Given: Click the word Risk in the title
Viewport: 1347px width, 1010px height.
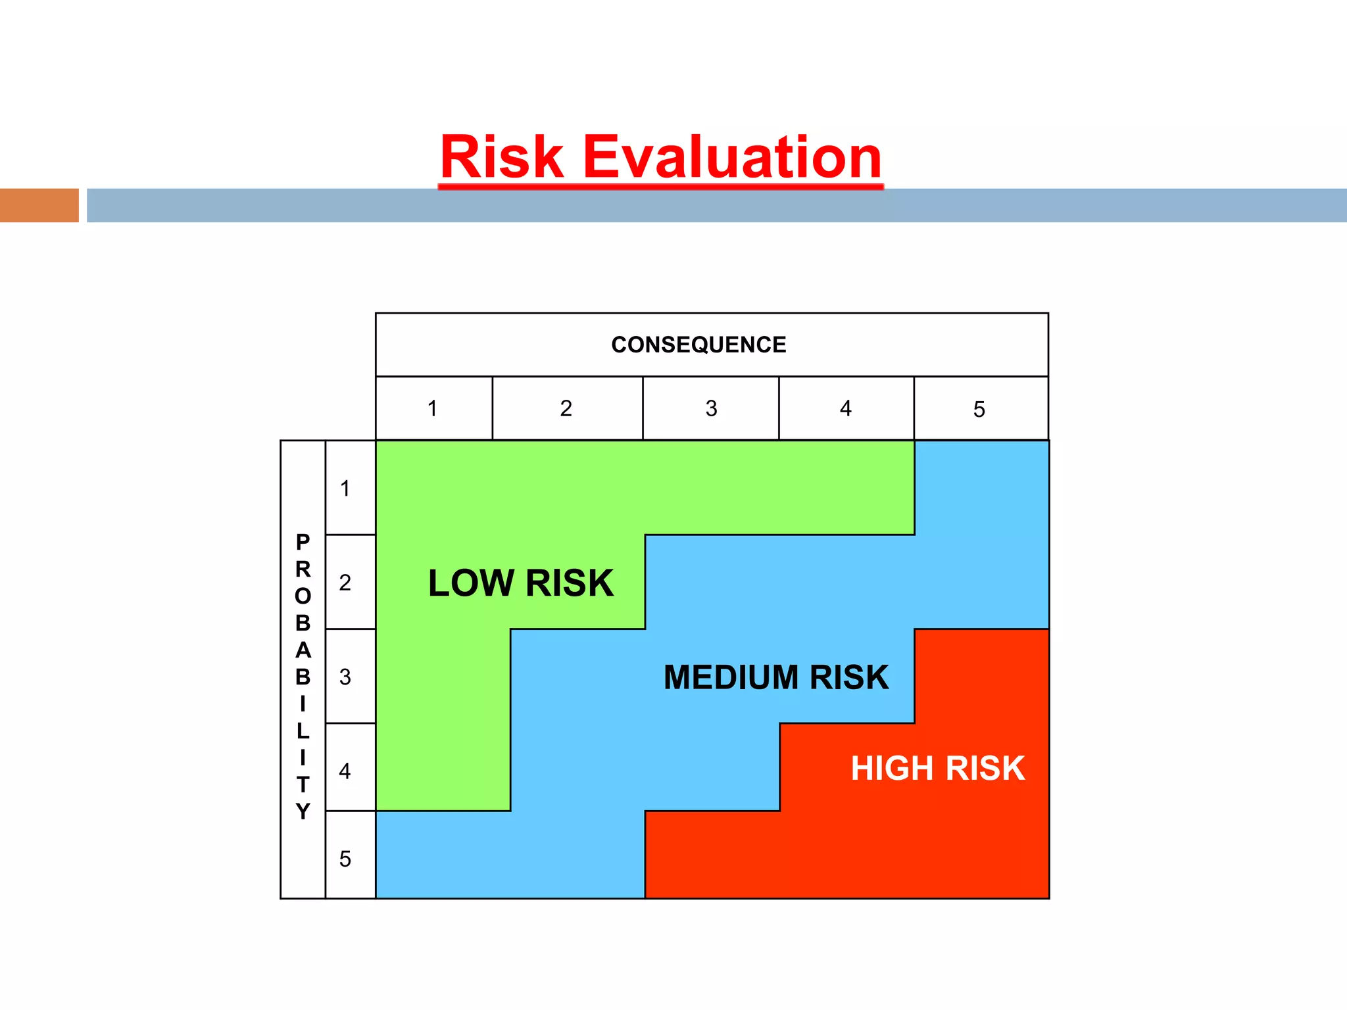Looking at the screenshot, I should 502,158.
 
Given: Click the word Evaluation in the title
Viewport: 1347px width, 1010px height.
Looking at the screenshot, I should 731,158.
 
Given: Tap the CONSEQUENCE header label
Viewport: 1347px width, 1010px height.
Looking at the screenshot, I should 698,345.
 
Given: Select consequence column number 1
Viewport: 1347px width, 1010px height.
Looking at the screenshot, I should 432,408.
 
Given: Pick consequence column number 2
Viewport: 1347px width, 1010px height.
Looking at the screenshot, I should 566,408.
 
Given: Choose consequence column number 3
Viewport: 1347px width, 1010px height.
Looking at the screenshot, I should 711,408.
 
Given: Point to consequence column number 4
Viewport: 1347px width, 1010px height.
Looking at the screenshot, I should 846,408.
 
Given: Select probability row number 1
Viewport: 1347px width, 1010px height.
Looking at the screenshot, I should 345,489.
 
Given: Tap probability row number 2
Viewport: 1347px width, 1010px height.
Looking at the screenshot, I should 345,583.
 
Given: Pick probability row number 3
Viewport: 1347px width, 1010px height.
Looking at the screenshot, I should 345,677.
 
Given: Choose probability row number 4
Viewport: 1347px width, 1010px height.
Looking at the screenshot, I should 345,771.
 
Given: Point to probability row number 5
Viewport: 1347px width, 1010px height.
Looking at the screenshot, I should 345,859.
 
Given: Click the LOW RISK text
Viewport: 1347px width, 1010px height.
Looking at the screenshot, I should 520,583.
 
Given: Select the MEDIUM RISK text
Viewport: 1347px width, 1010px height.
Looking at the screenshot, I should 776,677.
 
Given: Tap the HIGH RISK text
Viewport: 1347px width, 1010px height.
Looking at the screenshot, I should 937,768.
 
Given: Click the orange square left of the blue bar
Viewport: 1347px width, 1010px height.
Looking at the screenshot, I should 39,205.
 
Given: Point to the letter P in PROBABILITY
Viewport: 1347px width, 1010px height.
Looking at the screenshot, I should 303,542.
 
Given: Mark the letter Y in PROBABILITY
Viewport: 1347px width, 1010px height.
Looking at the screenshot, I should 303,811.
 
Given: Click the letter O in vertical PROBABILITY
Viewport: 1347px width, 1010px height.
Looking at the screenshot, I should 303,596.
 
